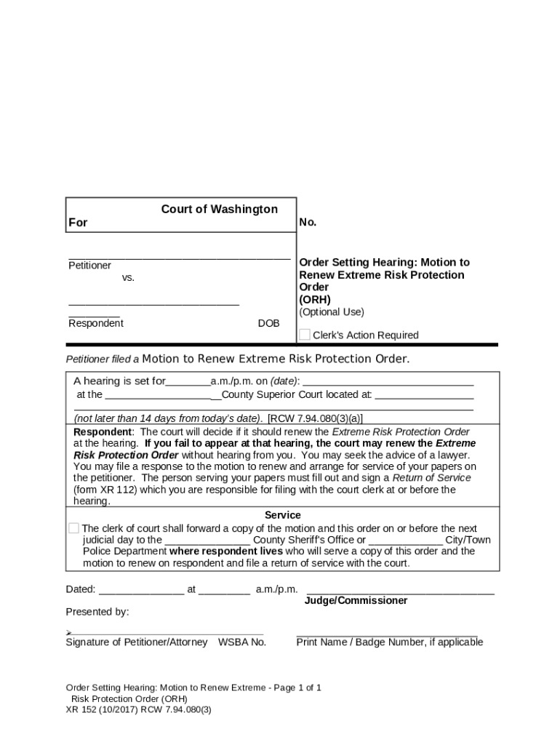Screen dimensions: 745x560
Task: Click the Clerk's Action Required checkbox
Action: click(x=305, y=335)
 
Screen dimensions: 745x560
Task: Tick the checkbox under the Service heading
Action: click(x=73, y=528)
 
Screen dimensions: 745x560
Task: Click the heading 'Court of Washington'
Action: click(x=219, y=210)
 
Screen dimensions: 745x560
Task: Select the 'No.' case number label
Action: click(x=308, y=223)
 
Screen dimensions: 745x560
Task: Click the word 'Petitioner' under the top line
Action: click(x=89, y=266)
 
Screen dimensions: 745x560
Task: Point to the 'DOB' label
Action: click(x=268, y=323)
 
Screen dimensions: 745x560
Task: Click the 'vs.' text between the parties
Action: click(x=128, y=278)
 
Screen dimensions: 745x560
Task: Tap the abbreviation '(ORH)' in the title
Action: click(x=315, y=299)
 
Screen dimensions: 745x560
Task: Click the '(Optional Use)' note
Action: click(x=332, y=312)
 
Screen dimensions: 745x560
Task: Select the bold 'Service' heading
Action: click(x=282, y=515)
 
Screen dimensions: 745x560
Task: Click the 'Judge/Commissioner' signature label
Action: click(x=356, y=601)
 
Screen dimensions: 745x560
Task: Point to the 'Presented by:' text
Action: click(x=97, y=612)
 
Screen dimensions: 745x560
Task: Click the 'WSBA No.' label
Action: click(x=242, y=642)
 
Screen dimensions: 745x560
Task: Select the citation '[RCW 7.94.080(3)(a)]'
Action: click(x=315, y=418)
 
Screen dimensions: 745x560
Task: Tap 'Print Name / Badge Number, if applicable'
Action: click(x=389, y=642)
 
